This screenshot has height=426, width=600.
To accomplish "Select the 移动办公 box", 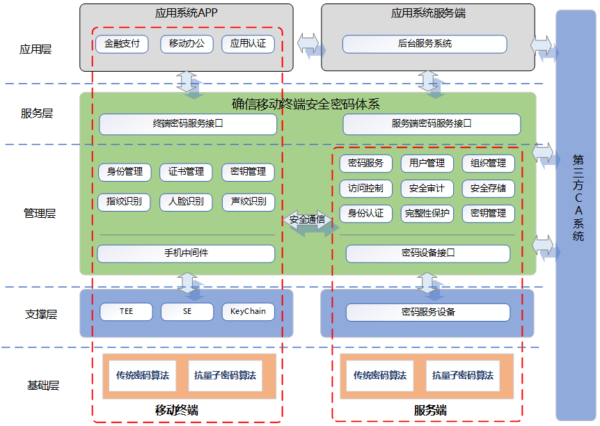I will point(187,44).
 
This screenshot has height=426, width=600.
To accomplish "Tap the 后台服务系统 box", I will point(425,44).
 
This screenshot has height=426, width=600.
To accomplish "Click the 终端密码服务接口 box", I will point(188,124).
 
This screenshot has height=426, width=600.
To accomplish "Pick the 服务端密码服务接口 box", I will point(432,124).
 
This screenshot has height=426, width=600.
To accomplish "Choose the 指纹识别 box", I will point(125,202).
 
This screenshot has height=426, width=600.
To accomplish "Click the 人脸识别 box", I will point(187,202).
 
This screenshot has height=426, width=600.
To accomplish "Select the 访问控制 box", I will point(366,188).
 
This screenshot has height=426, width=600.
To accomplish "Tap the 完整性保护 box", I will point(427,213).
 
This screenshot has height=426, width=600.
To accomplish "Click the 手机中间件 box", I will point(186,253).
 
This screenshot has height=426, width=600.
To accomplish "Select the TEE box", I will point(126,311).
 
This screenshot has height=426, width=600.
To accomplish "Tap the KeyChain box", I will point(248,311).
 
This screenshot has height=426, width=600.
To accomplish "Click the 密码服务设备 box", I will point(428,312).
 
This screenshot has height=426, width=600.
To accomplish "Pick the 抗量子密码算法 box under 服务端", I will point(463,375).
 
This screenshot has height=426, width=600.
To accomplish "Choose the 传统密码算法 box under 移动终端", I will point(143,375).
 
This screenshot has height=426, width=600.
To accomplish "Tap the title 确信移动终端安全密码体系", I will point(306,104).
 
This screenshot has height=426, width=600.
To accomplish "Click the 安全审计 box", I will point(427,188).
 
